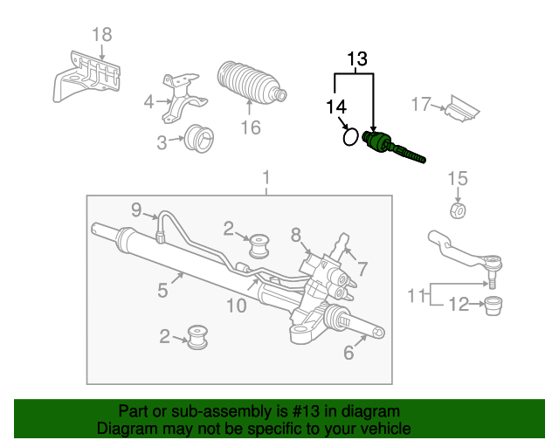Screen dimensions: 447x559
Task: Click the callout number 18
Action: tap(102, 35)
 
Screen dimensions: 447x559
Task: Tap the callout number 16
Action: tap(251, 127)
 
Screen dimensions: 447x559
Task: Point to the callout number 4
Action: tap(148, 101)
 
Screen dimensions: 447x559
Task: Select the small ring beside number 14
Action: tap(349, 137)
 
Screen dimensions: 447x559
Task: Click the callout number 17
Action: tap(421, 105)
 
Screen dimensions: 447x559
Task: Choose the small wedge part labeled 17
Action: tap(461, 109)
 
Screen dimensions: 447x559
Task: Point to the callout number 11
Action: tap(417, 295)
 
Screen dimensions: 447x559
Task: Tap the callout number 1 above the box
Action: tap(266, 181)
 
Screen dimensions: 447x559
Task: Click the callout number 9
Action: tap(136, 209)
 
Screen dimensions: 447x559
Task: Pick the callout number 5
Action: tap(162, 289)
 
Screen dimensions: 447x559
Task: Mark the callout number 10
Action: tap(236, 305)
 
